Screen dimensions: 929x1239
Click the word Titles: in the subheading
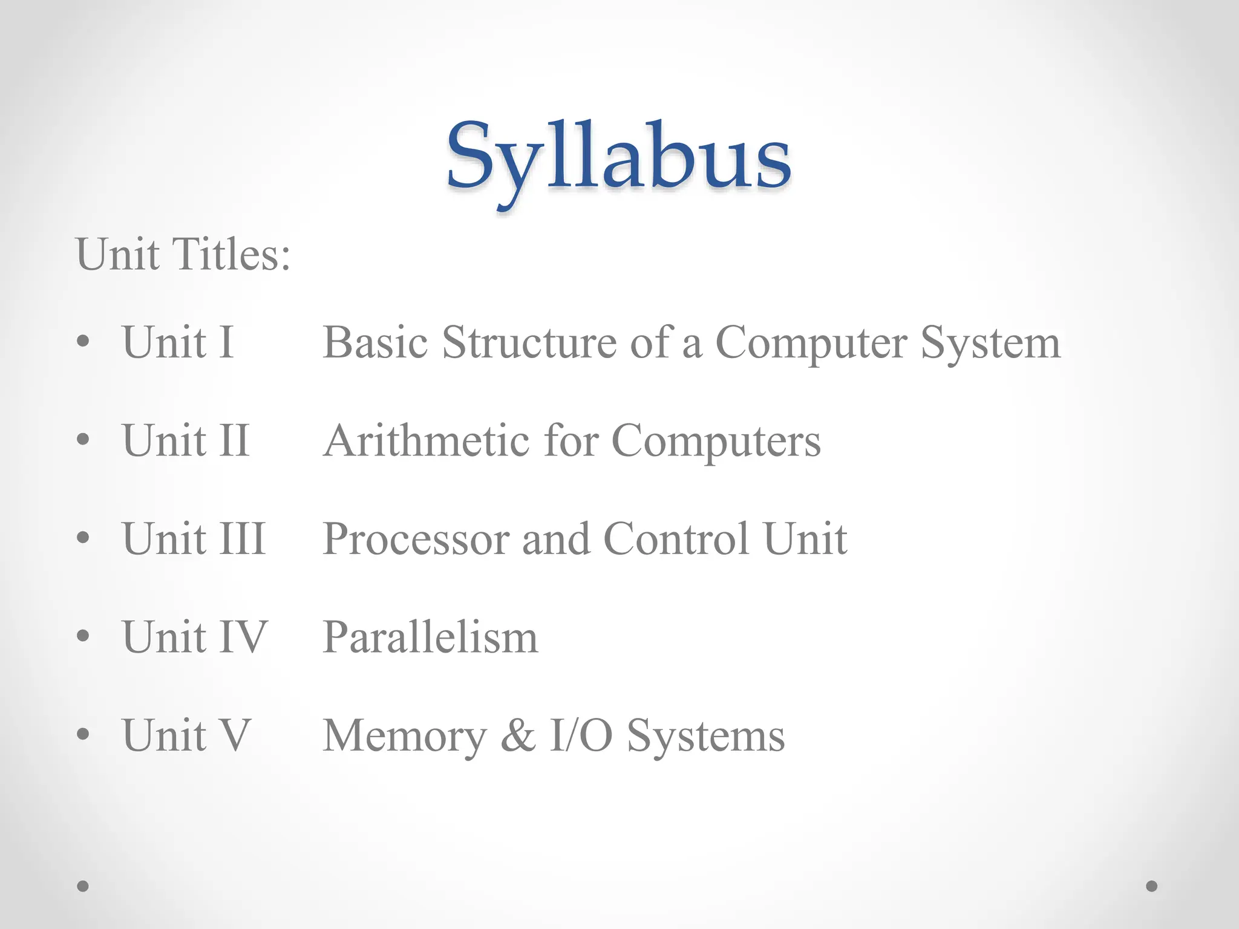tap(232, 254)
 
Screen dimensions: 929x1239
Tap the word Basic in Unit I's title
tap(375, 342)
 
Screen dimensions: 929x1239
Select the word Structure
tap(529, 342)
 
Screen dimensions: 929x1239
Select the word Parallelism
tap(430, 637)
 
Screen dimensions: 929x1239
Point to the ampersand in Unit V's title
tap(518, 735)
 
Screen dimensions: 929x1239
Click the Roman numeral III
tap(241, 538)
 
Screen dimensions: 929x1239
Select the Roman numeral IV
tap(243, 637)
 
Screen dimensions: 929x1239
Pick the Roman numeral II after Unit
tap(234, 440)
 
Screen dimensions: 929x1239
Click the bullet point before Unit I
tap(83, 342)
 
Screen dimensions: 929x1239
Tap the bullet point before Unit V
tap(83, 734)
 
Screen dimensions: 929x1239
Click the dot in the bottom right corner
tap(1152, 886)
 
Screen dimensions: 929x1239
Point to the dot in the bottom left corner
tap(83, 886)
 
